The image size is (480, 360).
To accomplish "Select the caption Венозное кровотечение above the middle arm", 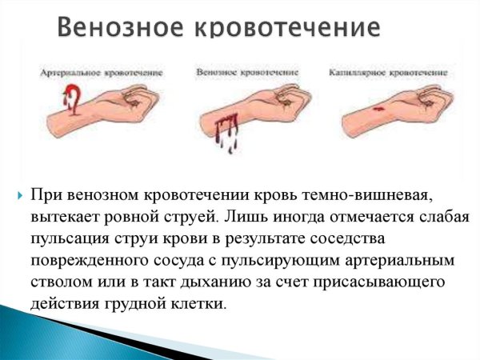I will [x=241, y=72].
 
